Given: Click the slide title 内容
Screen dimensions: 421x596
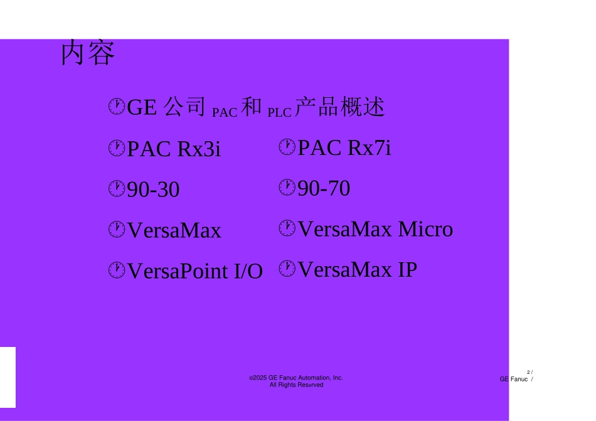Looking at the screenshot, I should [88, 55].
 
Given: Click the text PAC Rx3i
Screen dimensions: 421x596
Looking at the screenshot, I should [174, 150].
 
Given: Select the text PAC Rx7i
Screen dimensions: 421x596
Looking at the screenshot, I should [344, 147].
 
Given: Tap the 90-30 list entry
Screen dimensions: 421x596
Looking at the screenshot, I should [153, 190].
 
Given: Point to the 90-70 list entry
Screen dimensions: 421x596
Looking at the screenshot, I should [324, 188].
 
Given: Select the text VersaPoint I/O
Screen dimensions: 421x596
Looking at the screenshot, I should [194, 271].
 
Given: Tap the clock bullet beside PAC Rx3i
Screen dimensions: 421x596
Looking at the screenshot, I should [116, 149].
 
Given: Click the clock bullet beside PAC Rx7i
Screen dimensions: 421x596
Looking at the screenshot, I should [287, 147].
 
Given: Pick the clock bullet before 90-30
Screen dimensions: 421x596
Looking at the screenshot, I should [116, 189].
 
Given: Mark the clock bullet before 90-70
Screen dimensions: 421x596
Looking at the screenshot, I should [287, 187].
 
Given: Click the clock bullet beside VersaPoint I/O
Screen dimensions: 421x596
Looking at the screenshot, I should [116, 270].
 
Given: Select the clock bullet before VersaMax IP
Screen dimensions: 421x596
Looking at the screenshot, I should [287, 269].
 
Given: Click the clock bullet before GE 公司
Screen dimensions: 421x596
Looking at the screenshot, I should [116, 107].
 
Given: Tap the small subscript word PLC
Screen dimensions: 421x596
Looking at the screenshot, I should [279, 114].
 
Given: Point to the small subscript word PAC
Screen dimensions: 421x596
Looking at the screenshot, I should [225, 114].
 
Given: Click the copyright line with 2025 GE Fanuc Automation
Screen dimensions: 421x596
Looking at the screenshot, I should [297, 378].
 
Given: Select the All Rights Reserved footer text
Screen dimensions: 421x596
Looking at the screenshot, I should [297, 385].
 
